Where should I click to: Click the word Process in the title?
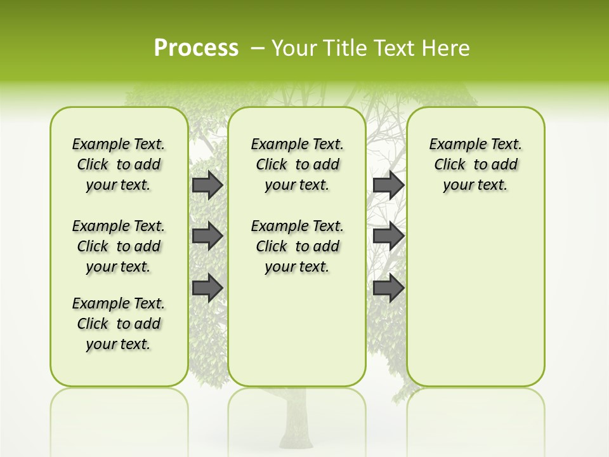[x=196, y=48]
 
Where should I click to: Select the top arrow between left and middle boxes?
[x=207, y=185]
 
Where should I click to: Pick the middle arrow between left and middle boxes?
[x=207, y=236]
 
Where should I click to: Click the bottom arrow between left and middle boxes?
[x=207, y=288]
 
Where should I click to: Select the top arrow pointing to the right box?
[x=388, y=185]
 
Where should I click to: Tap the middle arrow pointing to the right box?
[x=388, y=236]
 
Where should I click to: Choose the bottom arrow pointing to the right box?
[x=388, y=288]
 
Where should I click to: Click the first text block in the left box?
[x=119, y=164]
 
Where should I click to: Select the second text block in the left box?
[x=119, y=246]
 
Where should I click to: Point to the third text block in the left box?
[x=119, y=324]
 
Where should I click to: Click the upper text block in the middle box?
[x=297, y=164]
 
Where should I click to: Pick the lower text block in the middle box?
[x=297, y=246]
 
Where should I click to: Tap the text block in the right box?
[x=476, y=164]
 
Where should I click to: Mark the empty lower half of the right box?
[x=476, y=298]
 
